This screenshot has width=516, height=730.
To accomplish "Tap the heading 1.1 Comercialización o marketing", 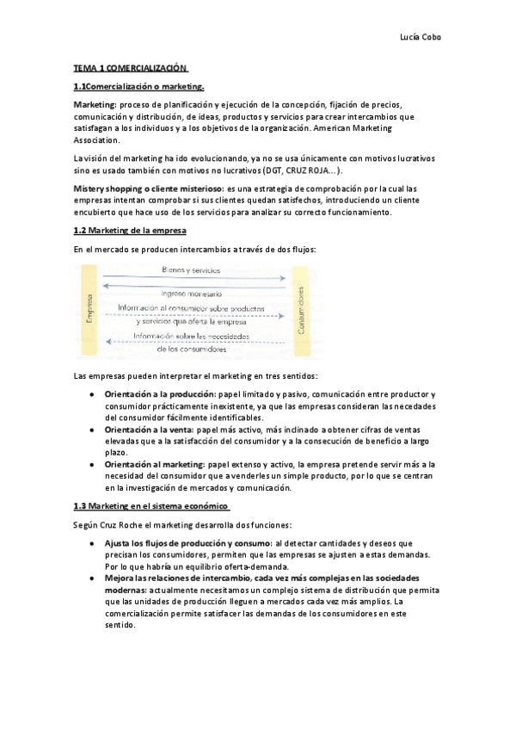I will (x=138, y=86).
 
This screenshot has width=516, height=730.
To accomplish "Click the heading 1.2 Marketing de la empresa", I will (x=130, y=232).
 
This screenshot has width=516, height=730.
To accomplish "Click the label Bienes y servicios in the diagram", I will (x=190, y=270).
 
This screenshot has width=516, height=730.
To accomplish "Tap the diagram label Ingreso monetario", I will (x=193, y=294).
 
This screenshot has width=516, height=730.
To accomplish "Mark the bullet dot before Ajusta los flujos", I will (x=91, y=544).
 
